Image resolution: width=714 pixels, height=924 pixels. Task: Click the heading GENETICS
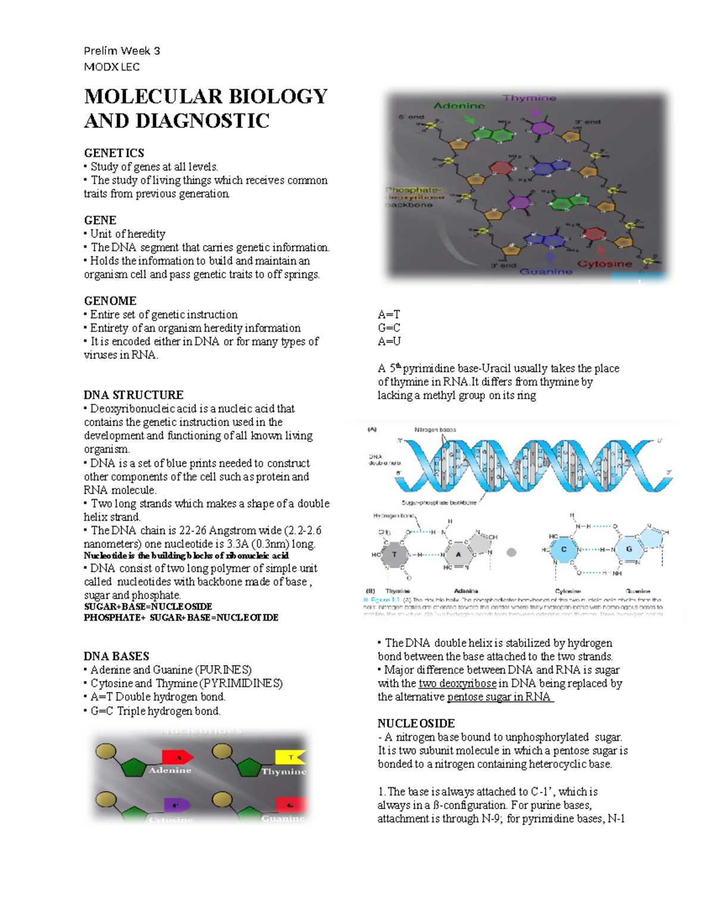tap(114, 153)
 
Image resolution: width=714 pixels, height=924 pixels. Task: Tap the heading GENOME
tap(110, 300)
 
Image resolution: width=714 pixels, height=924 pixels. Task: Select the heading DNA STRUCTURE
tap(133, 395)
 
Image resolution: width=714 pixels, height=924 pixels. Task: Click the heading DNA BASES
tap(116, 656)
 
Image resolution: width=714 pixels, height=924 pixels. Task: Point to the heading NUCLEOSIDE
tap(416, 723)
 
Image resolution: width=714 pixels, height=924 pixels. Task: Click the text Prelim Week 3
tap(122, 51)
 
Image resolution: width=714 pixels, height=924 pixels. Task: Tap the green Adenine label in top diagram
tap(459, 106)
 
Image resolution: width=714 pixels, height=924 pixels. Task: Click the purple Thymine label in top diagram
tap(529, 98)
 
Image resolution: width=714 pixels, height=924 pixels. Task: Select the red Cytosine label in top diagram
tap(605, 264)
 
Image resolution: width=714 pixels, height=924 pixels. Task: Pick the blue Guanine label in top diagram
tap(546, 271)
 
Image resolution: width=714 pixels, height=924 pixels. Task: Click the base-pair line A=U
tap(389, 342)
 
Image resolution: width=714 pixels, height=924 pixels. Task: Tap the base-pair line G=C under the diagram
tap(389, 328)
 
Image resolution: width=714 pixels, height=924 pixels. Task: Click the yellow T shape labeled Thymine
tap(290, 757)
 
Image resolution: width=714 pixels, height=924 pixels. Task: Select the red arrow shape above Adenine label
tap(177, 757)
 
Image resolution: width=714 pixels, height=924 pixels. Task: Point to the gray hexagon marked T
tap(394, 554)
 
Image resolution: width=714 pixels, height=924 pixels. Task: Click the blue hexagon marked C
tap(563, 550)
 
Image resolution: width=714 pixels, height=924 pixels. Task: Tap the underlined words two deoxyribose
tap(458, 684)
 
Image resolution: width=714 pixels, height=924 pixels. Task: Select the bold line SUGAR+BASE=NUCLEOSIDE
tap(148, 606)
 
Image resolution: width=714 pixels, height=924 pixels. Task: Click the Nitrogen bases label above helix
tap(435, 430)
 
